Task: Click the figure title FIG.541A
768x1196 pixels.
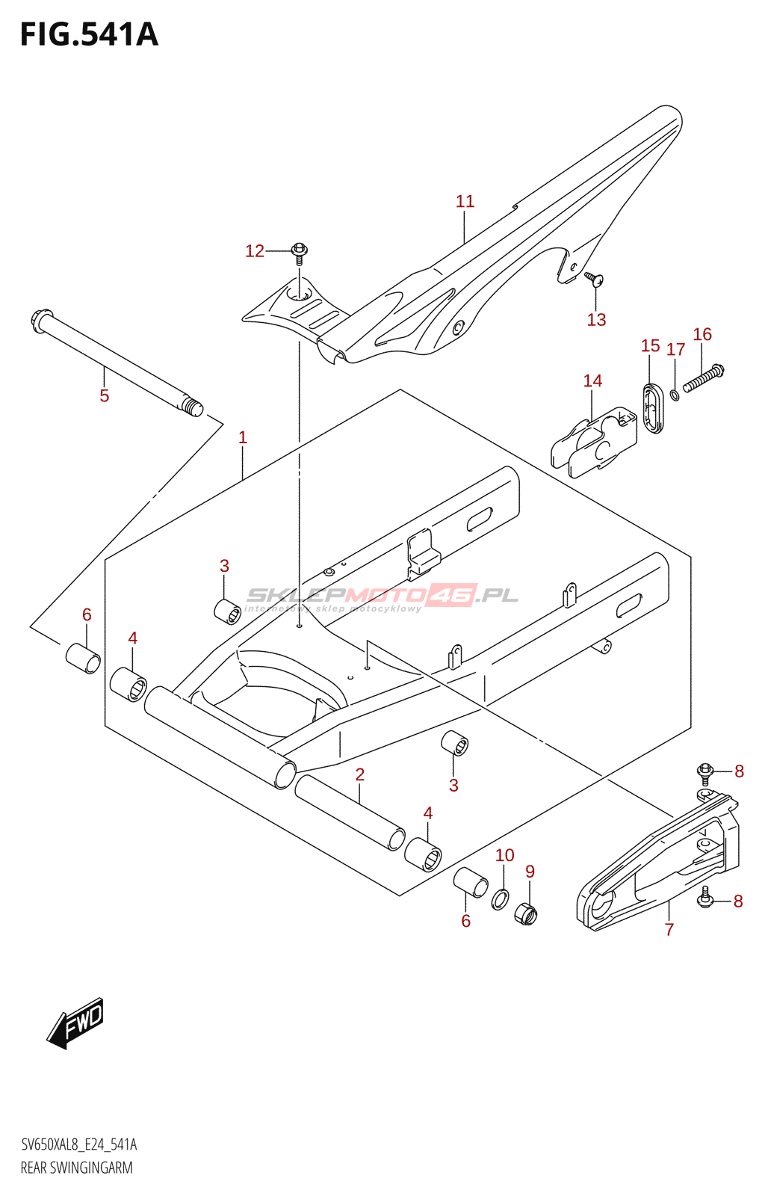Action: pos(90,34)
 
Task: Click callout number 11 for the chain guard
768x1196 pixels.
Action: pos(465,201)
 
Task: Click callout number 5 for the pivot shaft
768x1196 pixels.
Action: pos(104,395)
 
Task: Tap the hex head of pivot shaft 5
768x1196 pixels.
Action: pos(42,321)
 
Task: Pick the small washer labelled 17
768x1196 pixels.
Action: pos(675,395)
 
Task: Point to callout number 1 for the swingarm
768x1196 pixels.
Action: pos(243,438)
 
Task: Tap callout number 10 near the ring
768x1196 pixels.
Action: pos(504,855)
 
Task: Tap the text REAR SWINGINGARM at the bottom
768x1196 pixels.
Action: pos(76,1168)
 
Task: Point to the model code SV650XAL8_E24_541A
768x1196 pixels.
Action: pos(78,1144)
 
